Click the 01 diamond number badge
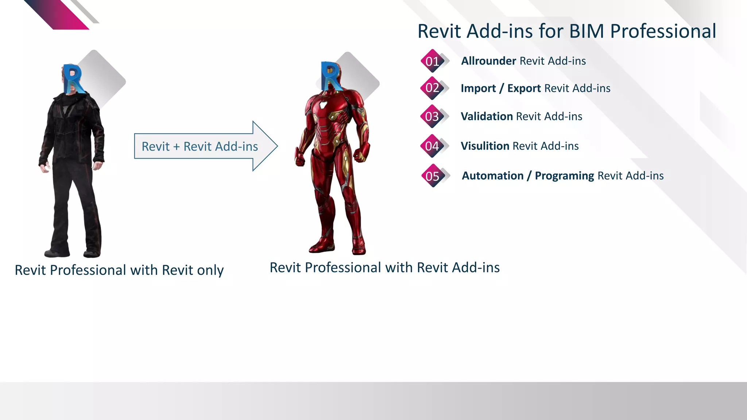(x=432, y=61)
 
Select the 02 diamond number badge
(x=432, y=88)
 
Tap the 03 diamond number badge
(x=432, y=116)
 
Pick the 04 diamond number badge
(x=432, y=146)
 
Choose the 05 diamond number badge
(x=433, y=176)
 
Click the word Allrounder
(x=488, y=61)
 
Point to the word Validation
(x=487, y=116)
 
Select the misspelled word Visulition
(x=485, y=146)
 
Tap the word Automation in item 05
(x=492, y=176)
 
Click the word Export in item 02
(x=524, y=88)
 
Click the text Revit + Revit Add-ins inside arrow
(x=200, y=147)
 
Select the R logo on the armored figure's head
(x=331, y=76)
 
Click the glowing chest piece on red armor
(x=324, y=105)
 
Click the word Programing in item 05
(x=564, y=176)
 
